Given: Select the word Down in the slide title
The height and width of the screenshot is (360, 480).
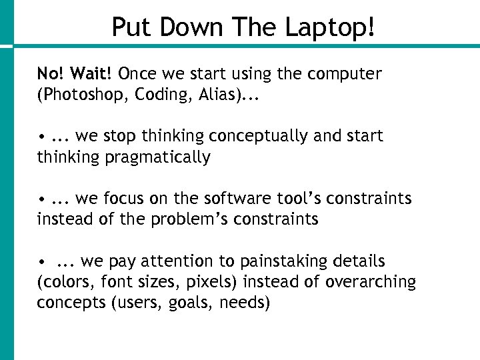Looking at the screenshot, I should pyautogui.click(x=193, y=27).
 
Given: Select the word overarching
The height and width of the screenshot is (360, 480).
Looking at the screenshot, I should pyautogui.click(x=371, y=282).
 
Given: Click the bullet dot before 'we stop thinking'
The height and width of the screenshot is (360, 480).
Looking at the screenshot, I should pyautogui.click(x=41, y=137).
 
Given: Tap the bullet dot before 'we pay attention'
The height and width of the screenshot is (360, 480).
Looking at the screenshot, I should pyautogui.click(x=41, y=262).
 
